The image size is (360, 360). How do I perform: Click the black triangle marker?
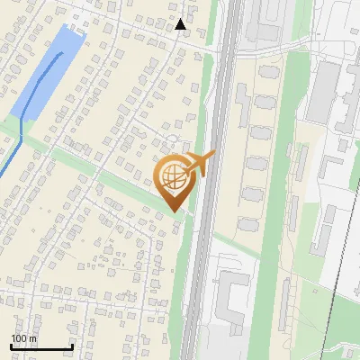182,24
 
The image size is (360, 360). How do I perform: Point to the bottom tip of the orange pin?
175,211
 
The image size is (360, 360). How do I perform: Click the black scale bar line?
41,347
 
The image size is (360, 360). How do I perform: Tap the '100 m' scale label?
24,338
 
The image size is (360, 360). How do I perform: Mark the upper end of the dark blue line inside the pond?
62,55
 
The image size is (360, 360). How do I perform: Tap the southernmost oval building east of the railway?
247,224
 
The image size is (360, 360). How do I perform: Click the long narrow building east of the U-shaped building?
286,301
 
